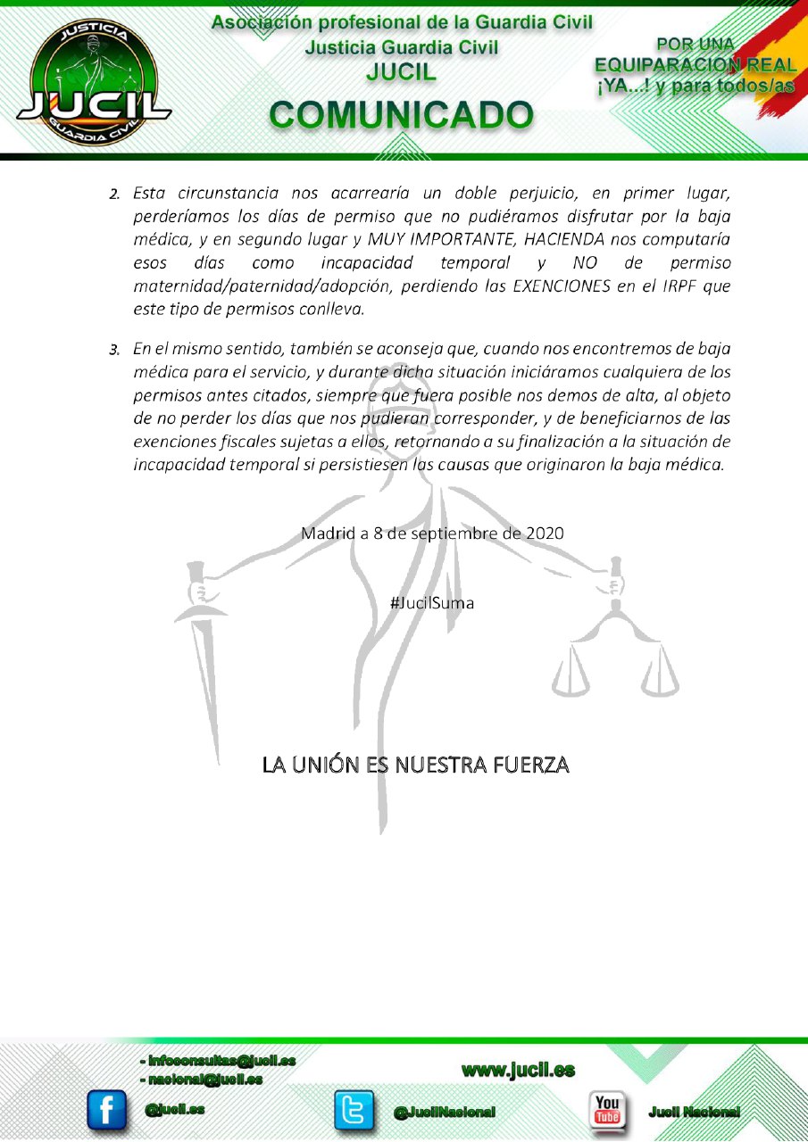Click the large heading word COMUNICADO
coord(402,115)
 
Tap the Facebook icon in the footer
coord(106,1110)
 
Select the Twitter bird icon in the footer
coord(354,1110)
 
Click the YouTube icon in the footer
coord(608,1110)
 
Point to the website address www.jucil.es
coord(518,1070)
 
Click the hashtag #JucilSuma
coord(432,603)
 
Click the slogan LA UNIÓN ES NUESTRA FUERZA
coord(415,765)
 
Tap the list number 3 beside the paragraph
coord(113,346)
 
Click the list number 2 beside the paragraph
coord(113,194)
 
